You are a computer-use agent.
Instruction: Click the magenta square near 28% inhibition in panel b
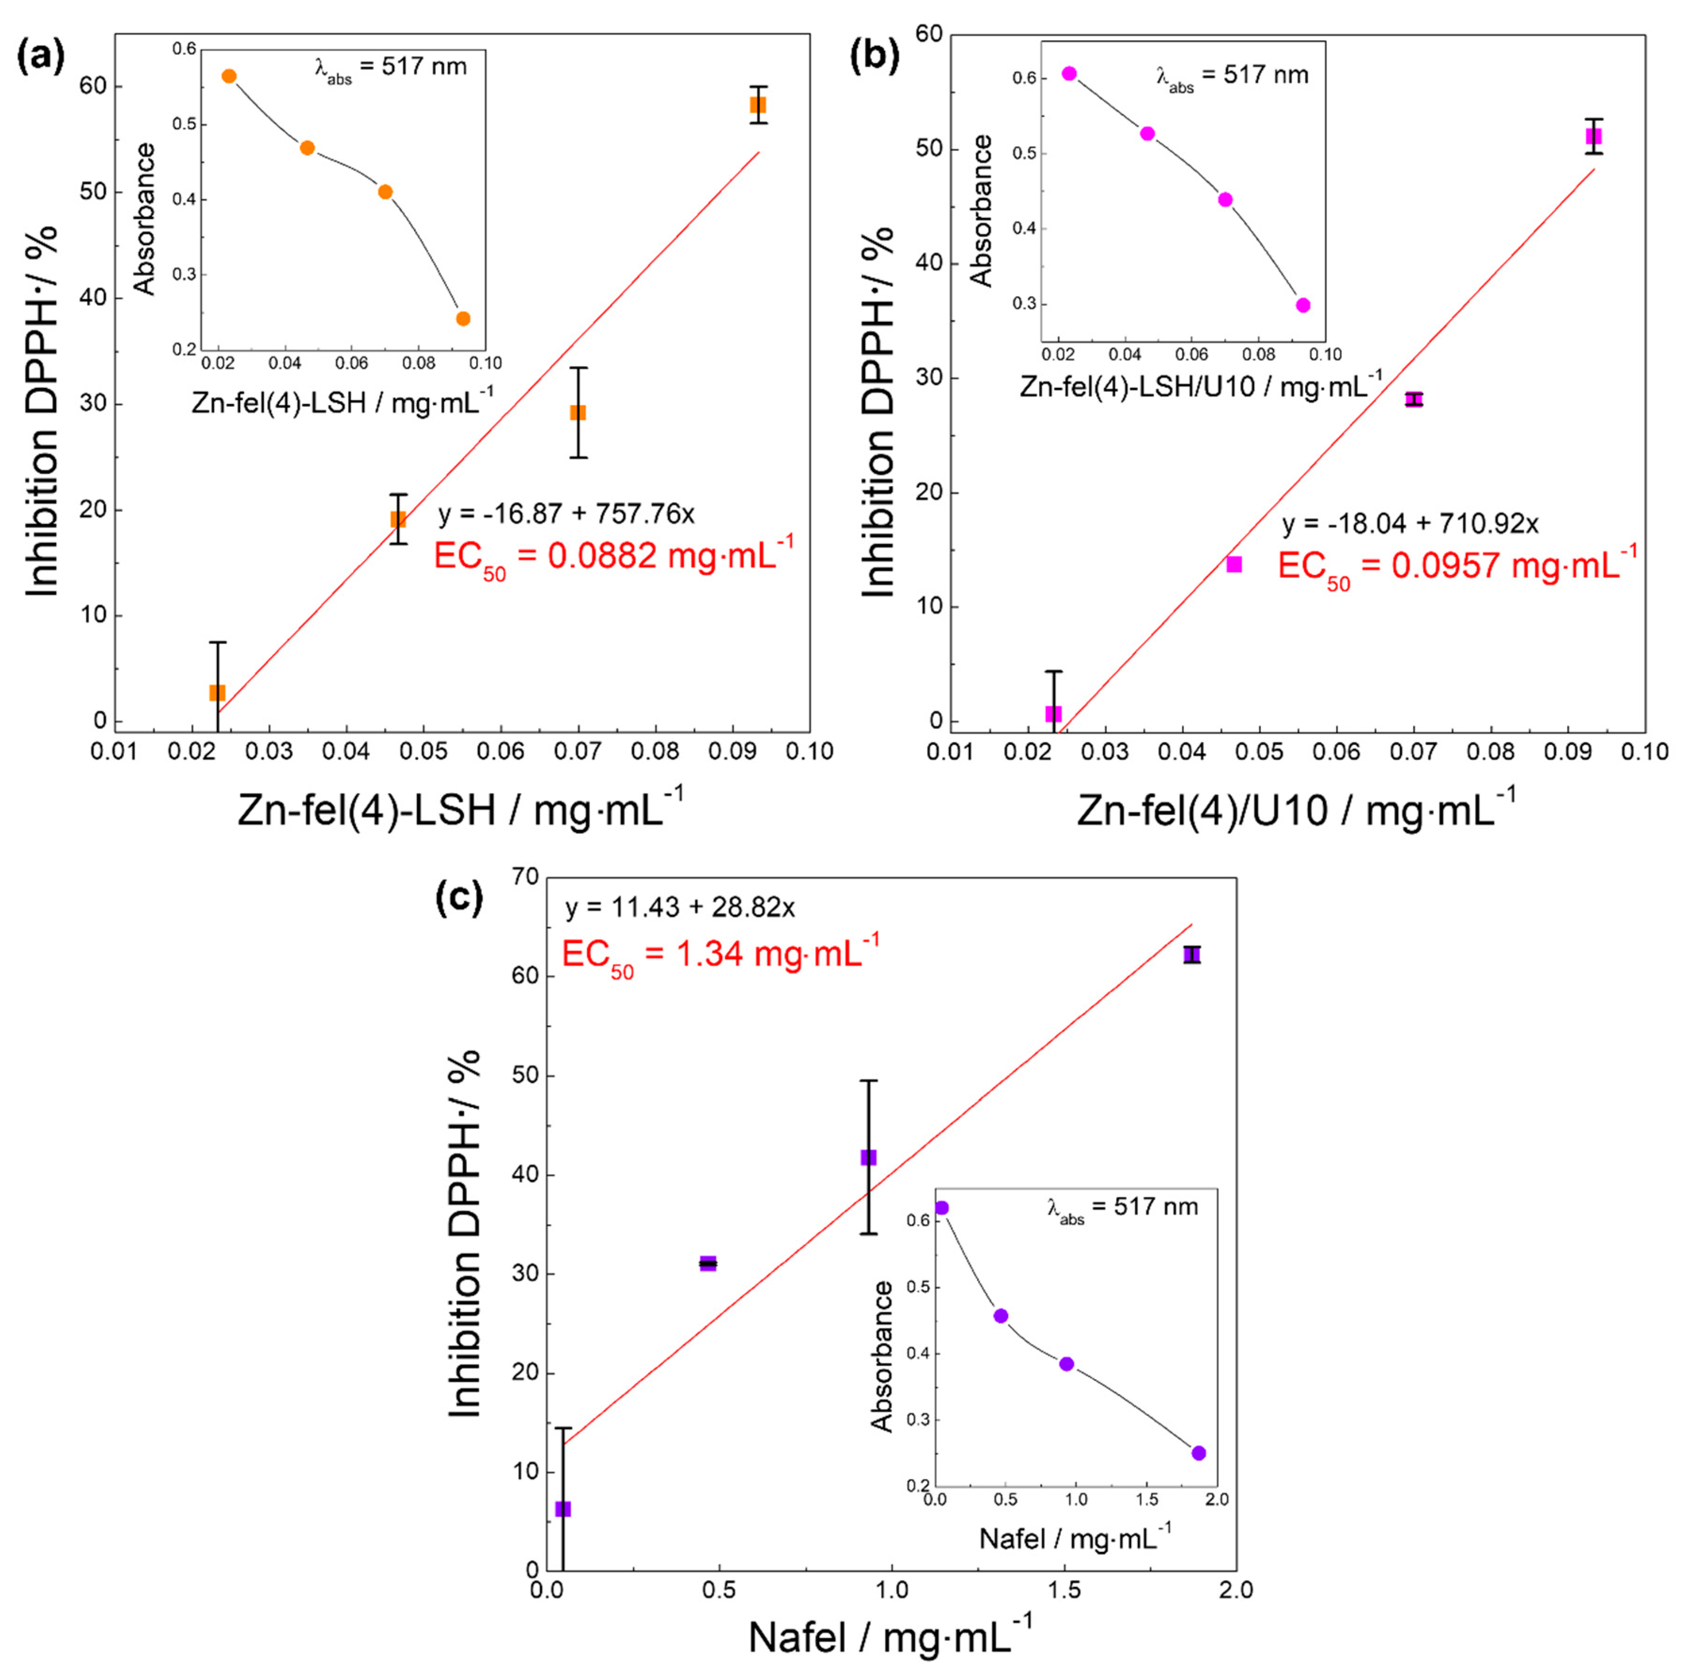pyautogui.click(x=1414, y=399)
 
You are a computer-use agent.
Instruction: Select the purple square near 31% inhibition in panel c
pyautogui.click(x=708, y=1263)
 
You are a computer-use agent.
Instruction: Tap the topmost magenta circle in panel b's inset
pyautogui.click(x=1069, y=74)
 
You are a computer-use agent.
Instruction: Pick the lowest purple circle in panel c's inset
pyautogui.click(x=1199, y=1453)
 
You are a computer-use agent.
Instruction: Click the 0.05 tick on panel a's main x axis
pyautogui.click(x=424, y=751)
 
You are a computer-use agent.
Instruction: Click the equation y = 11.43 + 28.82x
pyautogui.click(x=680, y=908)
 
